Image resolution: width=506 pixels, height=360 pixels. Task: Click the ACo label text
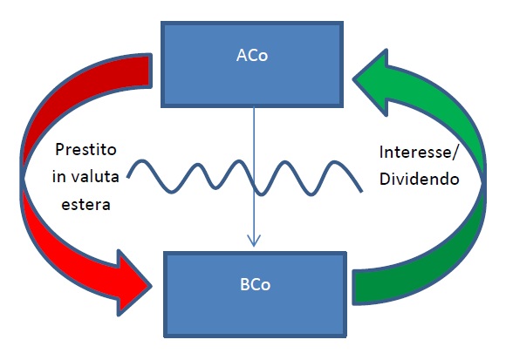[x=252, y=56]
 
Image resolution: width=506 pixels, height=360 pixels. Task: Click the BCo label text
[x=255, y=284]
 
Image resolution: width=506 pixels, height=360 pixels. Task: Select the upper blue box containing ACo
[x=252, y=65]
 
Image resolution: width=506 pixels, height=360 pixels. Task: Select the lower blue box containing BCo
[x=255, y=295]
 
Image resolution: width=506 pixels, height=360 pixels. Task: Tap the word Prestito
[x=85, y=150]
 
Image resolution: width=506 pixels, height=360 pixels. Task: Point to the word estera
[x=85, y=204]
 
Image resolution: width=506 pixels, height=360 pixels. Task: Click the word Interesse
[x=415, y=152]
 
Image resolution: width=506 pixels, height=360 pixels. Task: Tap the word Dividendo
[x=419, y=179]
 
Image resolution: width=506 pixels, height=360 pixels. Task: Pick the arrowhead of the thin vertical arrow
[x=254, y=241]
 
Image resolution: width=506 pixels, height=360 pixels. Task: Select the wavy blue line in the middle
[x=245, y=177]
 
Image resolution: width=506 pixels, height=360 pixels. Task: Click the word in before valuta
[x=59, y=177]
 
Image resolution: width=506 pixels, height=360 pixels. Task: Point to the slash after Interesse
[x=455, y=152]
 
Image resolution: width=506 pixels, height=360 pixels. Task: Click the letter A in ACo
[x=242, y=56]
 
